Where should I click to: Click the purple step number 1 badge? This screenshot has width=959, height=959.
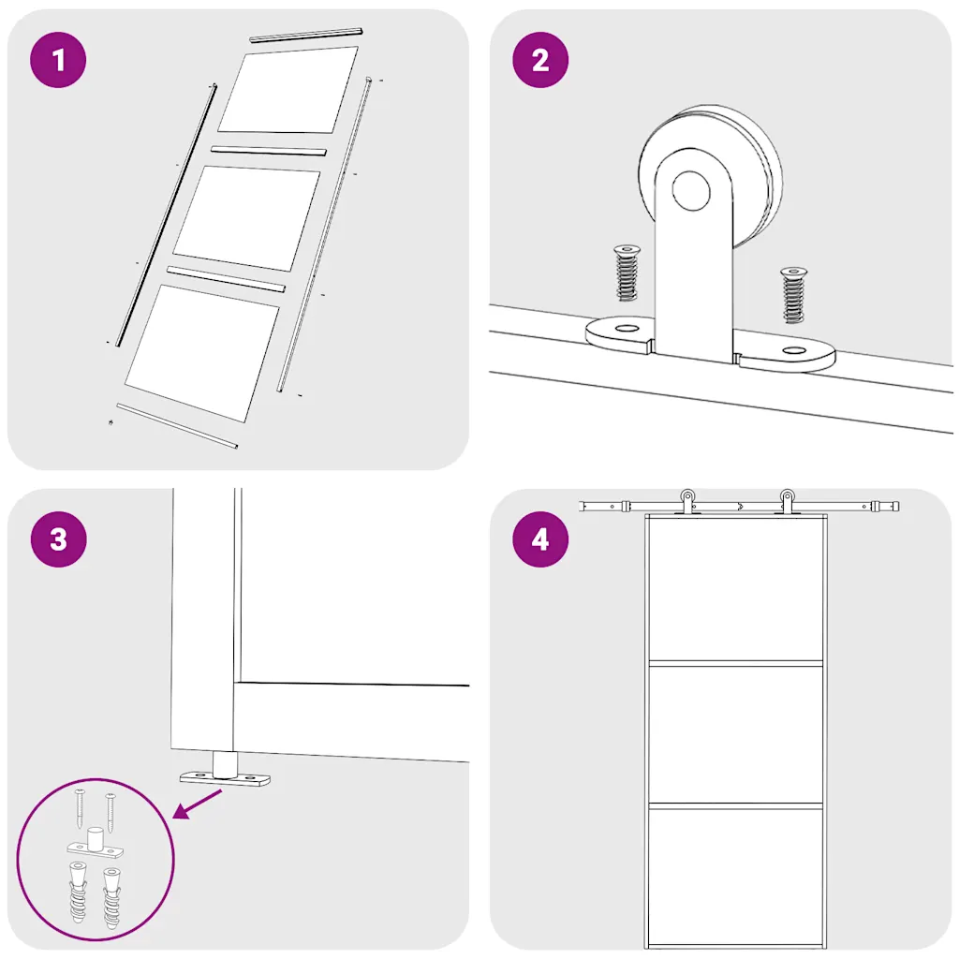(x=58, y=60)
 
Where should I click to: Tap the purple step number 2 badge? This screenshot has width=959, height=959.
(x=540, y=60)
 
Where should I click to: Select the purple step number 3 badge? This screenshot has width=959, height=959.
(x=58, y=539)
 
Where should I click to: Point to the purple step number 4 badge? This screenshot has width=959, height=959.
(x=540, y=539)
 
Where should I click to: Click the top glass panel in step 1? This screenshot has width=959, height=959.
(x=288, y=90)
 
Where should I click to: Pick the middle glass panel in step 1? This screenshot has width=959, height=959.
(x=246, y=218)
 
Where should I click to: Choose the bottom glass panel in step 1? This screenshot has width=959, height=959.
(x=202, y=353)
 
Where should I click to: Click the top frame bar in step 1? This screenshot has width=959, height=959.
(x=306, y=35)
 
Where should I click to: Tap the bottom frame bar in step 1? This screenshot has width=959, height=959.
(x=177, y=426)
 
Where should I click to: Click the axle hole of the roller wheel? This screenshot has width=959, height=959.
(x=692, y=190)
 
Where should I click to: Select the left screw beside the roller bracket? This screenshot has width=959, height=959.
(x=627, y=273)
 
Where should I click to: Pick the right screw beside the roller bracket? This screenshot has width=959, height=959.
(x=793, y=295)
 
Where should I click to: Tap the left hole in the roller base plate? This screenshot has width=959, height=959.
(x=627, y=329)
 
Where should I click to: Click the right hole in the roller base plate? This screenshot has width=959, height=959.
(x=794, y=350)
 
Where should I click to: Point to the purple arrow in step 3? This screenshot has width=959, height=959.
(x=198, y=804)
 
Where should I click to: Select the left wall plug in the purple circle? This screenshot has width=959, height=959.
(x=79, y=892)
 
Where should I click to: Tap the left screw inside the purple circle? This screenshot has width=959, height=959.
(x=81, y=808)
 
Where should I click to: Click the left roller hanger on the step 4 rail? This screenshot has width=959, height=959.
(x=687, y=502)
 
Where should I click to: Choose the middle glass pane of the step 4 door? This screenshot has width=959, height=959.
(x=736, y=733)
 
